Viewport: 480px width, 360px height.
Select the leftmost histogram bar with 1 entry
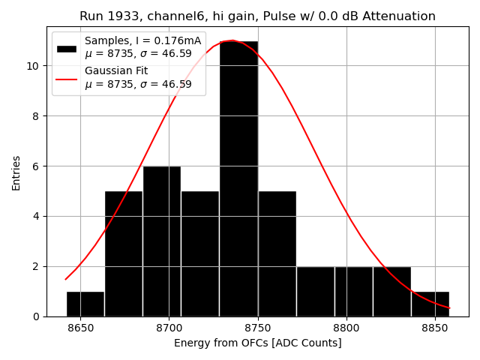point(85,304)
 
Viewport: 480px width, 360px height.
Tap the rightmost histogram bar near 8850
point(430,304)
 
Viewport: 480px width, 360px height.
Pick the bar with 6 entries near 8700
point(161,241)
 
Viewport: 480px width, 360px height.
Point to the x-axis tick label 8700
point(169,328)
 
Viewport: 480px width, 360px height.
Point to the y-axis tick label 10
point(34,66)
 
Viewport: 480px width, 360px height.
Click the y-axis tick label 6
point(37,166)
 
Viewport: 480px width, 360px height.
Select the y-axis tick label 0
point(37,316)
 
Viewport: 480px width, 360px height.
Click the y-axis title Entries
point(16,172)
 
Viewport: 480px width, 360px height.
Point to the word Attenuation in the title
point(397,16)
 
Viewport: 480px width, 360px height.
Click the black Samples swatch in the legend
point(67,48)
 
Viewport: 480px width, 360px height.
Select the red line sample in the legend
point(67,78)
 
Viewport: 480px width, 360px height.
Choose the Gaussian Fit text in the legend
point(116,71)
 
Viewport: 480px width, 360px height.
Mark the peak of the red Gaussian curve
point(232,40)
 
